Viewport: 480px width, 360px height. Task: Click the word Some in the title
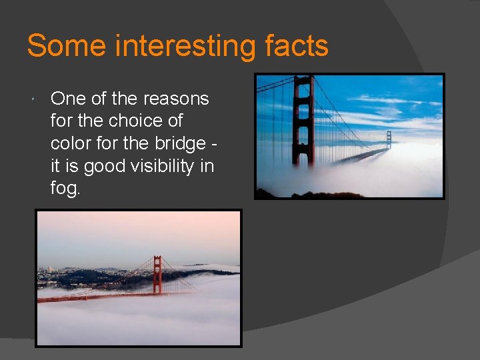tap(67, 46)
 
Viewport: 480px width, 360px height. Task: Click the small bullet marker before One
tap(33, 99)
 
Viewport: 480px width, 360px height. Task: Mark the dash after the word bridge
tap(216, 144)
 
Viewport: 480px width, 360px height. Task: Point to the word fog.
tap(65, 189)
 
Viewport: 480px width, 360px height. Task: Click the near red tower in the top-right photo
tap(304, 123)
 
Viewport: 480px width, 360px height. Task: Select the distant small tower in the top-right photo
tap(389, 139)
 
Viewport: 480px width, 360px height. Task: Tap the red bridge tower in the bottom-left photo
tap(157, 275)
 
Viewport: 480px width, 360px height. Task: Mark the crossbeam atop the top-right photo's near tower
tap(304, 79)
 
